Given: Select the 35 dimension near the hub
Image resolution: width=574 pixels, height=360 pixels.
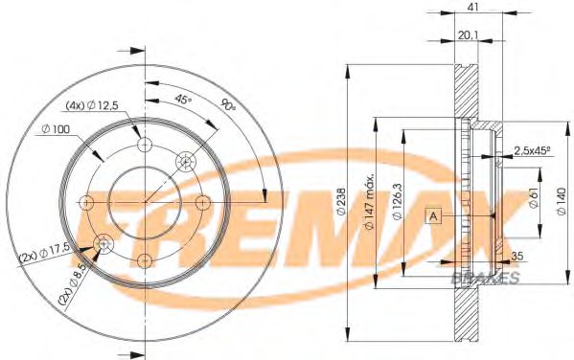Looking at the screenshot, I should point(518,256).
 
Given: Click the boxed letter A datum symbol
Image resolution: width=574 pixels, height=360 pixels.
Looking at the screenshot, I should point(434,216).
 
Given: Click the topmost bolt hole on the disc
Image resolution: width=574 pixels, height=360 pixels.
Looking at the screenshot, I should point(146,145).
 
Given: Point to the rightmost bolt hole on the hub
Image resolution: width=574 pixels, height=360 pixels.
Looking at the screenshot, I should point(203,202).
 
